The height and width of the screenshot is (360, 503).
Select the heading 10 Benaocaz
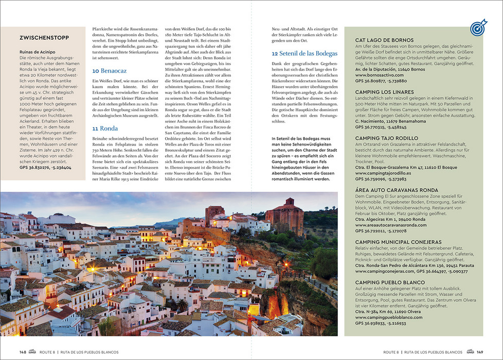click(x=109, y=70)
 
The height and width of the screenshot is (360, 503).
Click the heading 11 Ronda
click(x=105, y=129)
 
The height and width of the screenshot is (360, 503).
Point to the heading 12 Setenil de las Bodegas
click(x=304, y=53)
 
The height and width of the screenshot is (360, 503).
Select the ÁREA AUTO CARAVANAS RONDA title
click(x=397, y=190)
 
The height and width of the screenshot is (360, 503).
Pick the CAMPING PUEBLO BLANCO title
click(x=390, y=282)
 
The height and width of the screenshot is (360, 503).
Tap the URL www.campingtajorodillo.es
click(x=389, y=173)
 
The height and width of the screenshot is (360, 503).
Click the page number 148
click(x=23, y=352)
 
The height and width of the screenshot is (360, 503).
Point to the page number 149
click(x=479, y=352)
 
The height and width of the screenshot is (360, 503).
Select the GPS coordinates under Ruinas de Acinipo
click(x=45, y=168)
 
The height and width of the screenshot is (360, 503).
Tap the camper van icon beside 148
click(x=33, y=352)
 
